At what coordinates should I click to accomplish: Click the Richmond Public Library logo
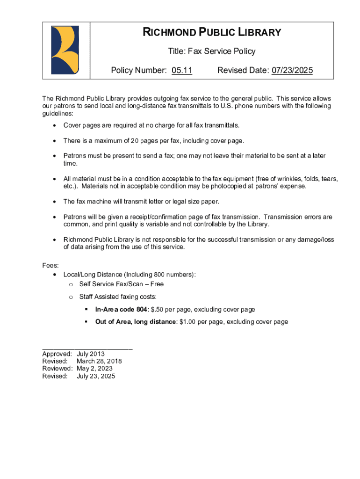coord(65,50)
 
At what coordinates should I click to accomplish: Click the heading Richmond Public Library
coord(212,32)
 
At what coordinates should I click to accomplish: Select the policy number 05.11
coord(182,71)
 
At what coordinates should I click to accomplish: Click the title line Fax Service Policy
coord(212,51)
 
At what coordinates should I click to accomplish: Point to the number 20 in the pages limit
coord(135,141)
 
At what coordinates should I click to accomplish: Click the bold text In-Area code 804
coord(121,310)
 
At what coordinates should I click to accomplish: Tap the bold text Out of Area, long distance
coord(136,322)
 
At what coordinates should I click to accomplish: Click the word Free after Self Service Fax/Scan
coord(157,284)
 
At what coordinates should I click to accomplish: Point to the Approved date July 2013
coord(91,354)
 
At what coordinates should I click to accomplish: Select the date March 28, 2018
coord(99,361)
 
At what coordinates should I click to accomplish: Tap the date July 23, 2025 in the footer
coord(96,376)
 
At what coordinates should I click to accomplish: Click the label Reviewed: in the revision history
coord(58,369)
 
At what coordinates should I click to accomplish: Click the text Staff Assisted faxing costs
coord(118,297)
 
